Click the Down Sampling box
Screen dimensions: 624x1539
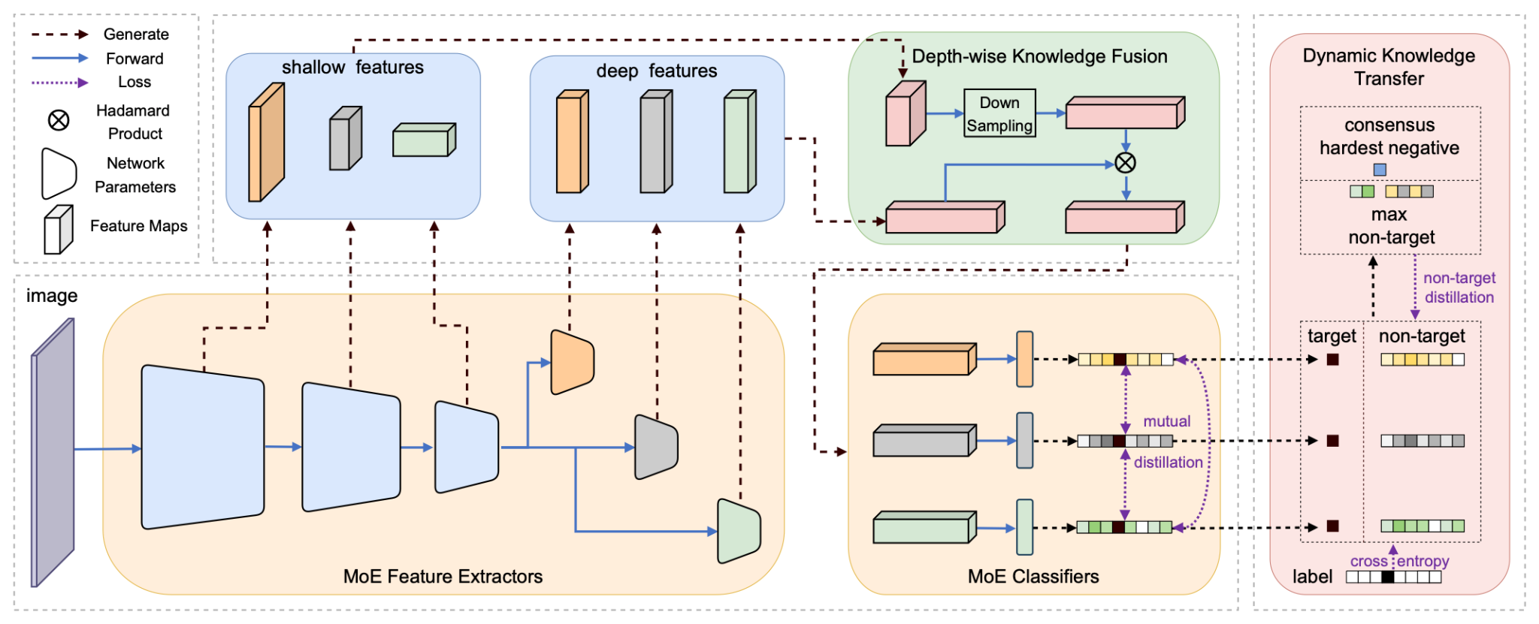[999, 113]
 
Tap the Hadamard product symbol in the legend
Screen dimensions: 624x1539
[59, 120]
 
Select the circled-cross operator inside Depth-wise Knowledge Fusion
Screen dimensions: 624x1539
[1125, 162]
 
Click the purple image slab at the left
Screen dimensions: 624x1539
[53, 452]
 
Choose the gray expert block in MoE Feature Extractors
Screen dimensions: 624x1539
[656, 446]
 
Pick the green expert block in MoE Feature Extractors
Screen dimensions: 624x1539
[739, 531]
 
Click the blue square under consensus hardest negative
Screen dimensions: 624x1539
[1380, 170]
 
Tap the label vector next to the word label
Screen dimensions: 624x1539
[1393, 577]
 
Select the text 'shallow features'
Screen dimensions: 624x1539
[352, 68]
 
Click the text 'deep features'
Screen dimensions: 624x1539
[656, 71]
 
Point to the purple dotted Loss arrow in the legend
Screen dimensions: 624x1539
[60, 83]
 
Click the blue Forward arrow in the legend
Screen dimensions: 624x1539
[60, 58]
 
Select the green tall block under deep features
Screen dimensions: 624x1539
[739, 142]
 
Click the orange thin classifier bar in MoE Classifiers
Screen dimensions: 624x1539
[1024, 359]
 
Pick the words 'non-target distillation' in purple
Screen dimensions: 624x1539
[1459, 288]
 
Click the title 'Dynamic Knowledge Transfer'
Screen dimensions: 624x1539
[1389, 67]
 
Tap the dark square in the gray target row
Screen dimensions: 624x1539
[1332, 441]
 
